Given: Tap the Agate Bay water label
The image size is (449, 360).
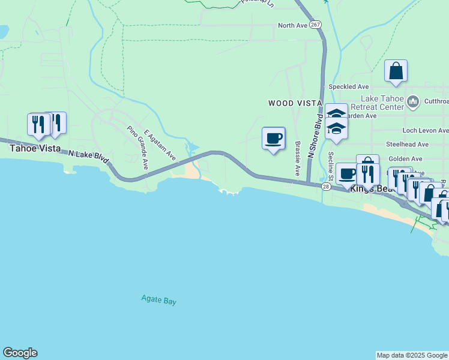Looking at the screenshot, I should pyautogui.click(x=158, y=301).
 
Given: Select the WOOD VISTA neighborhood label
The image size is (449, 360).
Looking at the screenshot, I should pyautogui.click(x=295, y=103).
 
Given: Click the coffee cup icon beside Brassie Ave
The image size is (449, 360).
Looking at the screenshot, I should pyautogui.click(x=274, y=139).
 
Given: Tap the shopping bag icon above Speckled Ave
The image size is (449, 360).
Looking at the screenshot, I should pyautogui.click(x=396, y=71).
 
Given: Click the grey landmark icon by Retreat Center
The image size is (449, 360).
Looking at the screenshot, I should pyautogui.click(x=413, y=103).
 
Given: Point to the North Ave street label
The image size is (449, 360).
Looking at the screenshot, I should pyautogui.click(x=292, y=26).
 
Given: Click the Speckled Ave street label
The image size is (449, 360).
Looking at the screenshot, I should pyautogui.click(x=348, y=86).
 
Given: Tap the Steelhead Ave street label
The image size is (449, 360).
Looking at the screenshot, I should pyautogui.click(x=408, y=145).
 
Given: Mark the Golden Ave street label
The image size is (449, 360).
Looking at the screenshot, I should pyautogui.click(x=408, y=158).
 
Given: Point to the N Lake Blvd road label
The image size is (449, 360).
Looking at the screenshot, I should pyautogui.click(x=88, y=157).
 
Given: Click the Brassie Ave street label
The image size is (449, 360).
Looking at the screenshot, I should pyautogui.click(x=297, y=158).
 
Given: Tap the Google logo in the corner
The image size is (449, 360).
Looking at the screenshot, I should pyautogui.click(x=20, y=353).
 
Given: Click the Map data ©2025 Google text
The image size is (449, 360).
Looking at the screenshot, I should pyautogui.click(x=412, y=355).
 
